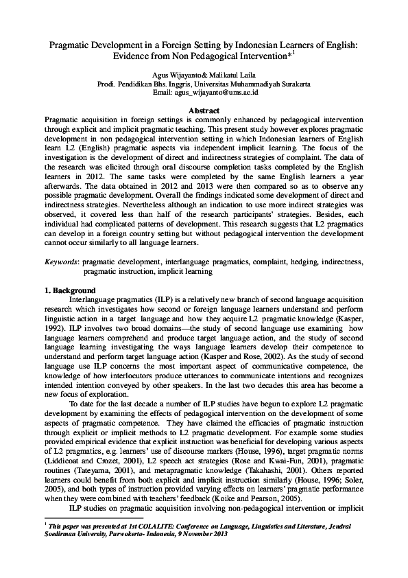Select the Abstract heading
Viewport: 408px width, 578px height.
(204, 111)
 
